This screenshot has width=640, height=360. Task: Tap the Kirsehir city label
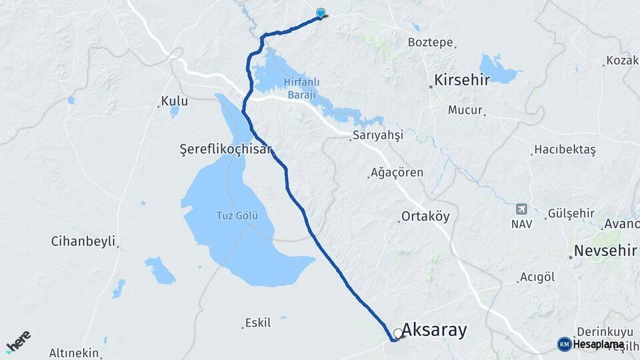click(x=462, y=81)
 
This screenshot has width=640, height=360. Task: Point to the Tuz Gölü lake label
click(x=233, y=215)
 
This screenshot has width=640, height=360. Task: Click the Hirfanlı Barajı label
click(x=303, y=88)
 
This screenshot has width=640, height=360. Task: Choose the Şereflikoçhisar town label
click(x=227, y=149)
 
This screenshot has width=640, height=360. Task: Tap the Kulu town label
click(x=173, y=102)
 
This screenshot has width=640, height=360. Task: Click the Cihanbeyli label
click(x=83, y=241)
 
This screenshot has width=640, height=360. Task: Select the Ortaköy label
click(x=425, y=217)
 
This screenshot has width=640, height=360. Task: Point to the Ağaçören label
click(x=398, y=173)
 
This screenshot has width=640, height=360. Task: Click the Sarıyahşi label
click(x=379, y=135)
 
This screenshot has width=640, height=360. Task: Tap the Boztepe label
click(x=430, y=42)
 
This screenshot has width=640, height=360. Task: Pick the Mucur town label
click(x=465, y=110)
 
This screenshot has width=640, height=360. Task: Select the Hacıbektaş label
click(x=565, y=151)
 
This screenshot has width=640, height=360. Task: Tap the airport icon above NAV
click(x=521, y=209)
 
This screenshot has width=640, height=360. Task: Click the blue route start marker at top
click(x=321, y=13)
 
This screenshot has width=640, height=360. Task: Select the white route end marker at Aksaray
click(x=398, y=333)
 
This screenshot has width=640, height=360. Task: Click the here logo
click(x=18, y=341)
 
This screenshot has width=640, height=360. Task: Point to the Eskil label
click(x=258, y=323)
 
